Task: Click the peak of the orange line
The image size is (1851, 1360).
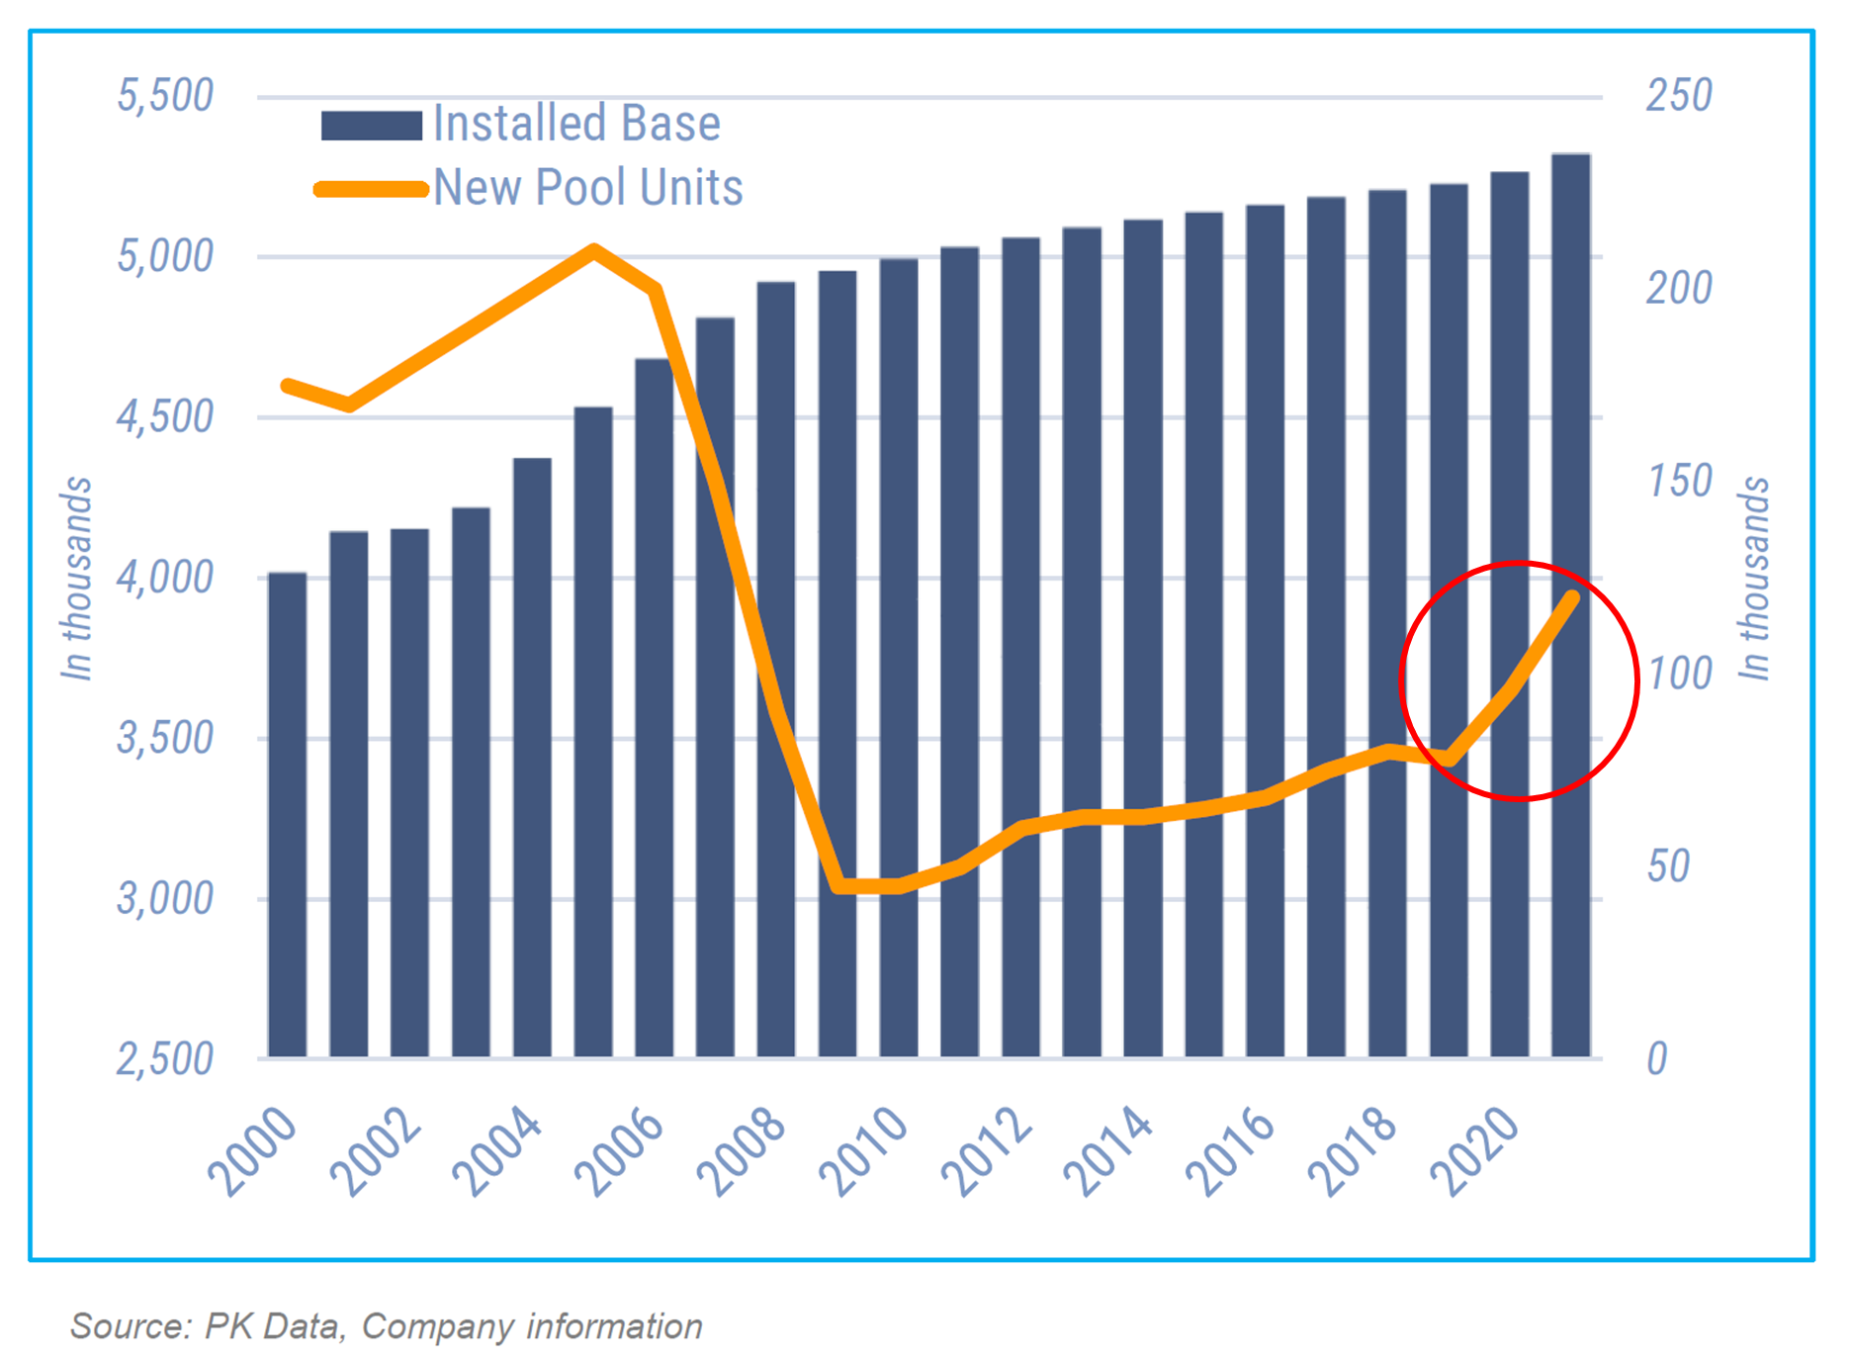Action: pos(592,249)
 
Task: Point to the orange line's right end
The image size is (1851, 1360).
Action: pos(1572,596)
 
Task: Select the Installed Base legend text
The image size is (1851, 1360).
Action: pos(576,124)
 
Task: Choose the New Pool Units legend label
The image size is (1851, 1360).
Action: pos(587,188)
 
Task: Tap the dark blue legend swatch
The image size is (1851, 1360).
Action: pos(372,126)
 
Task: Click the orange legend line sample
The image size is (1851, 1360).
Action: pos(372,189)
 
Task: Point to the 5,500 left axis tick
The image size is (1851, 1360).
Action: pos(165,96)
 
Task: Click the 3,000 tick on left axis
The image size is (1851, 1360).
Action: pos(165,898)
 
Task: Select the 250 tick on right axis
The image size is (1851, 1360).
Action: pos(1678,96)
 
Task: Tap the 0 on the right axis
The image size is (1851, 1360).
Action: pos(1657,1058)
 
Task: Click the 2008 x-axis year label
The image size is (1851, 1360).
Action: pos(743,1151)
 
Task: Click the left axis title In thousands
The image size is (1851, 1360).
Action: pos(77,579)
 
